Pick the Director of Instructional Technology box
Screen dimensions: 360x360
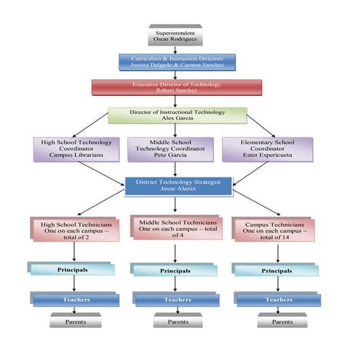pos(177,116)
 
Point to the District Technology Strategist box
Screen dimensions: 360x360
pos(178,185)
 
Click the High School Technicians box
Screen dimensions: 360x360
pos(75,230)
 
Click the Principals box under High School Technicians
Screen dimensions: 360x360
pos(72,270)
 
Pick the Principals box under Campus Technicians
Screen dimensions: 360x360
pos(277,270)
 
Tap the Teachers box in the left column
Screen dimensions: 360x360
pos(75,300)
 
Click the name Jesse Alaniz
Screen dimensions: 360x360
pos(178,189)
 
